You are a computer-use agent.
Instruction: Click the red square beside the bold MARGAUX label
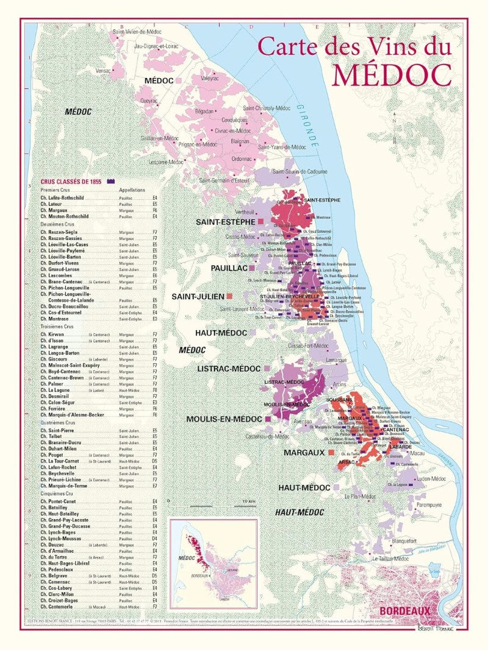(x=331, y=453)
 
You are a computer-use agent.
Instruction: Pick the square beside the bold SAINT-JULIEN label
(x=230, y=296)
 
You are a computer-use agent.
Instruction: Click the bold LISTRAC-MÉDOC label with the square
(x=229, y=369)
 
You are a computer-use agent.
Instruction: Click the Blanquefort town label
(x=404, y=540)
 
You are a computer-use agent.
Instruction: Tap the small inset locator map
(x=213, y=563)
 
